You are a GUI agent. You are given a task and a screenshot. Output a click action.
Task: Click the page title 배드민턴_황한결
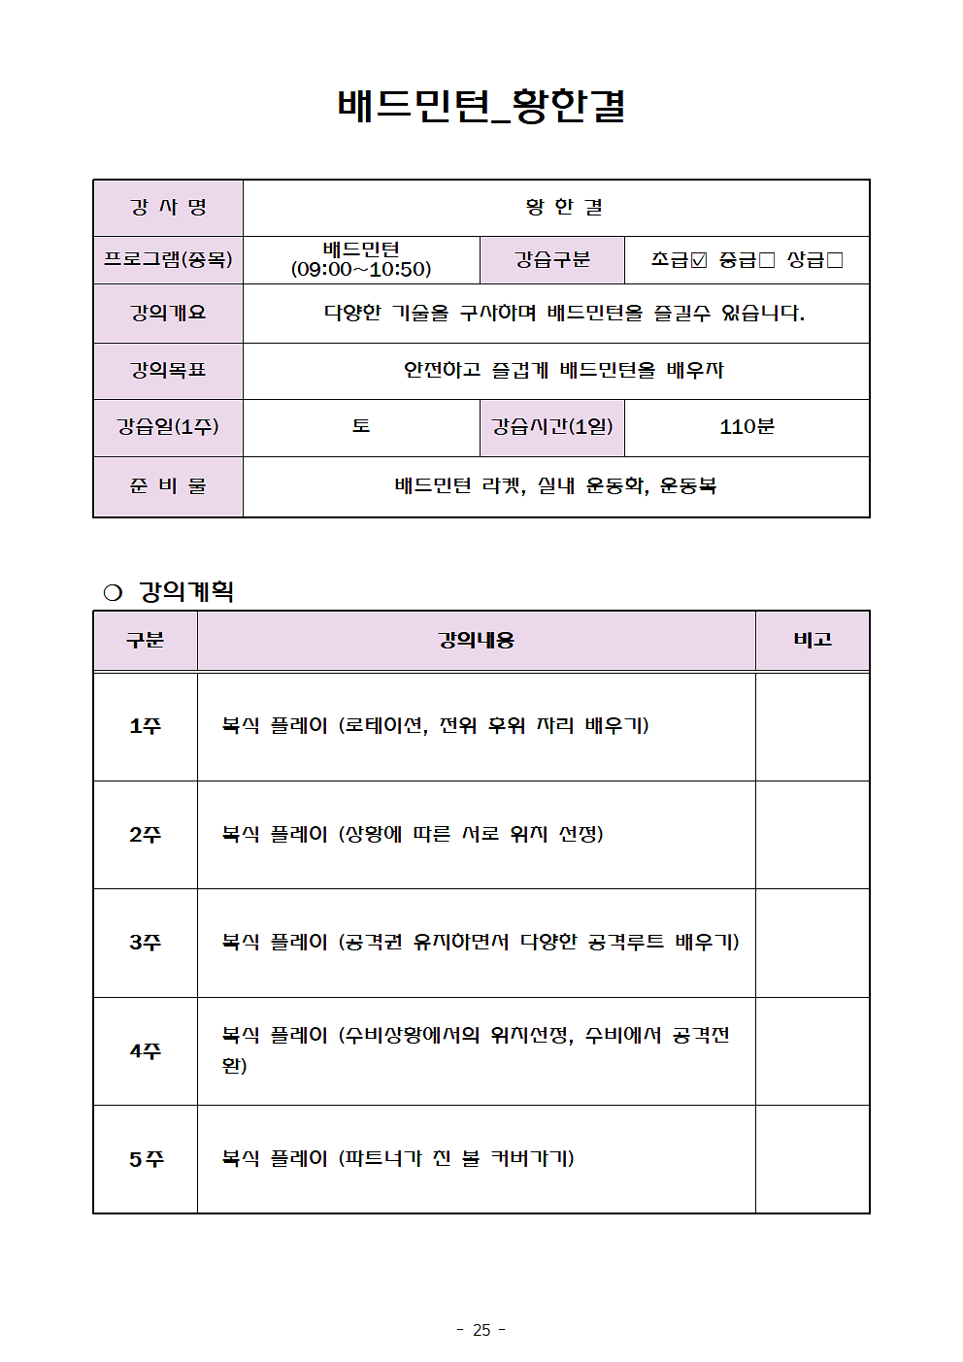(481, 106)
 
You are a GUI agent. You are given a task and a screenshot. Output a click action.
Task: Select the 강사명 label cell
(168, 208)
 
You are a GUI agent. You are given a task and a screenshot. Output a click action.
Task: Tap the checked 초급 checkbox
(699, 260)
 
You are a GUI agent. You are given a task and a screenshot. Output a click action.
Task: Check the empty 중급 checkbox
(767, 260)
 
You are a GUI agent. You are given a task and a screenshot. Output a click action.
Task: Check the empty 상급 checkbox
(835, 260)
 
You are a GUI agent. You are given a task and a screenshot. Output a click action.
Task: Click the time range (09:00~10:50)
(361, 270)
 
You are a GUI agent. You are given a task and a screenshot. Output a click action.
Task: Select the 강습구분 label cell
(552, 260)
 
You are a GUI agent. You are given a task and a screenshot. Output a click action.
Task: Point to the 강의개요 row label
(168, 313)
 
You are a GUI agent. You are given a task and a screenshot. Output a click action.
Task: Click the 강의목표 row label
(168, 370)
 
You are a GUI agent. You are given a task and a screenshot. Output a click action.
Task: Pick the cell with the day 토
(361, 427)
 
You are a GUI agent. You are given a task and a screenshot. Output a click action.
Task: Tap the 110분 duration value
(747, 427)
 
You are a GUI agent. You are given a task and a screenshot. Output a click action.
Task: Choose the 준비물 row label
(168, 485)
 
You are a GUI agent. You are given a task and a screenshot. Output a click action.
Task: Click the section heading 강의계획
(186, 591)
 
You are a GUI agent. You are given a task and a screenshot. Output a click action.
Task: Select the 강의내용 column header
(476, 640)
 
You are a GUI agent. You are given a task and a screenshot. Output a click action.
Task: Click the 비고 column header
(813, 640)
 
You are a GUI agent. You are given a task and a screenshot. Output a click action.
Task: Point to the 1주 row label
(146, 726)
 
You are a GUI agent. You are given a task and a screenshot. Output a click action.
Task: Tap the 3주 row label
(146, 943)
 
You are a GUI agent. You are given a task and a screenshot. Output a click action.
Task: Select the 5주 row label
(146, 1159)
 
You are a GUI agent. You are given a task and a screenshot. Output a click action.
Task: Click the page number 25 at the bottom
(481, 1330)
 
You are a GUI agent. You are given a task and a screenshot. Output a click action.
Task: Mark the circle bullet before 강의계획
(113, 592)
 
